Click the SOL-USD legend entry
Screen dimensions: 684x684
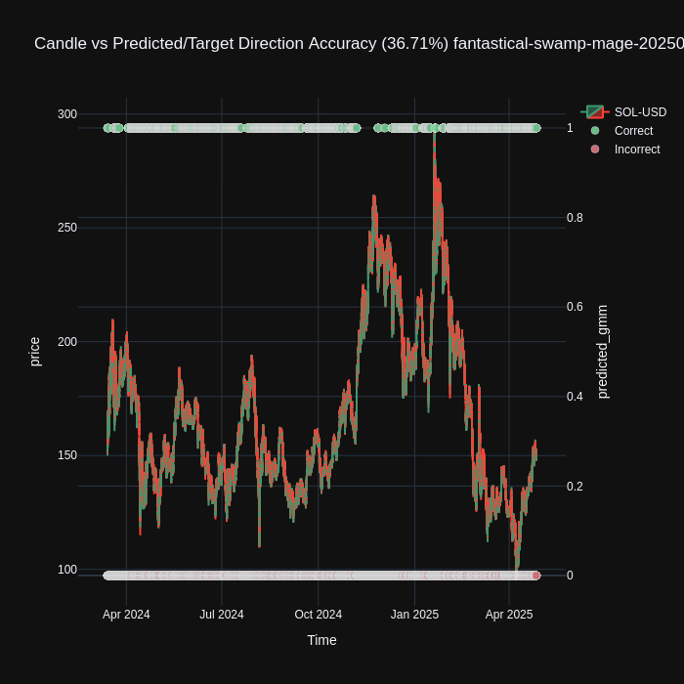point(640,112)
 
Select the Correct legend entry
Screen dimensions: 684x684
point(633,131)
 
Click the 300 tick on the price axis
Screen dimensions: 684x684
point(66,114)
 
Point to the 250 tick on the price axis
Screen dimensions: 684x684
point(66,228)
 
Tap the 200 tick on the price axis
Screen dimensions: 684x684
point(66,342)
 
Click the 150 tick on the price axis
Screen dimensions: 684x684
point(66,455)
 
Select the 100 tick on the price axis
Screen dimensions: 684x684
point(66,570)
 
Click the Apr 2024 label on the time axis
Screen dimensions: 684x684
point(126,615)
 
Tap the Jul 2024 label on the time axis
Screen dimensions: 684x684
point(222,615)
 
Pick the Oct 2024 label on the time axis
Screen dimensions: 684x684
point(319,615)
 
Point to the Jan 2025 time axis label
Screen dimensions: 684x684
point(414,615)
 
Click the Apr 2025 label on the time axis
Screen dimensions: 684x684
point(509,615)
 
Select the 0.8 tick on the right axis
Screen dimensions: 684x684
point(576,218)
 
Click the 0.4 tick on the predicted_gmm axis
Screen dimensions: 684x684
point(576,397)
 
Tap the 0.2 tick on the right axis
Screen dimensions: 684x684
point(576,487)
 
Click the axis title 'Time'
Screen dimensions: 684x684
point(321,640)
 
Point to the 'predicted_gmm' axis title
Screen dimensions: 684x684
point(602,352)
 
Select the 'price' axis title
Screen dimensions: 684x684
point(35,352)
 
